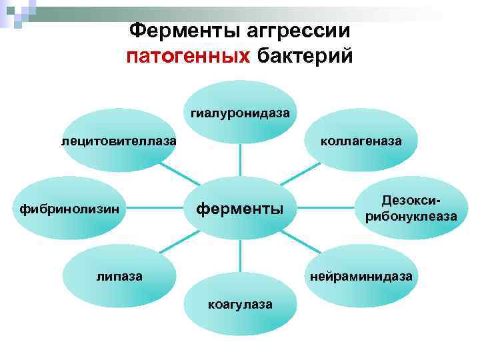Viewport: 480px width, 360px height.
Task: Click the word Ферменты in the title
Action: coord(175,30)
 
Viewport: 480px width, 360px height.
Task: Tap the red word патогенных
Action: coord(187,56)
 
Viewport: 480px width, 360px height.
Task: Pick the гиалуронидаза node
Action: coord(240,111)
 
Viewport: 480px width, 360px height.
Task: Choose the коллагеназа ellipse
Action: coord(361,141)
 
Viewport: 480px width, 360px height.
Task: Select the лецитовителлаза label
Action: coord(119,141)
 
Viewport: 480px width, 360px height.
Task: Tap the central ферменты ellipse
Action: coord(239,209)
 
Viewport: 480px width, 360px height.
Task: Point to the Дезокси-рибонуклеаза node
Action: coord(411,209)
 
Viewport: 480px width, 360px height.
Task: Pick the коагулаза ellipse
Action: coord(240,305)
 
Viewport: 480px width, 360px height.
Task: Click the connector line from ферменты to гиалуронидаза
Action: coord(240,160)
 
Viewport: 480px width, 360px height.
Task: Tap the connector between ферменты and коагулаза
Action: coord(240,257)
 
